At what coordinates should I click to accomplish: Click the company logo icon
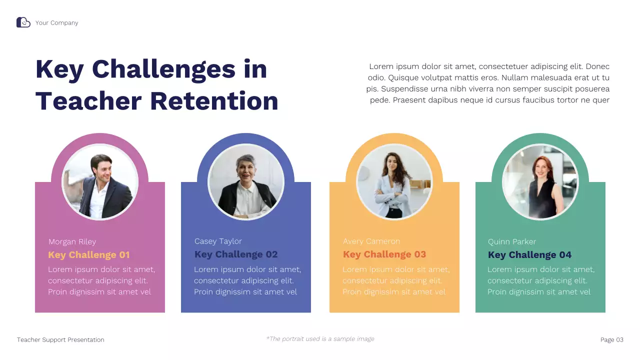(23, 22)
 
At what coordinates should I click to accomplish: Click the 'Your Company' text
(56, 23)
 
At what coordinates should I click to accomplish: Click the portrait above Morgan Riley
(100, 182)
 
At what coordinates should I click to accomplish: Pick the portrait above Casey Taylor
(245, 182)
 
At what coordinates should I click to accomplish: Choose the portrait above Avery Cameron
(394, 182)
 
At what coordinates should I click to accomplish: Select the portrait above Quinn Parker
(540, 182)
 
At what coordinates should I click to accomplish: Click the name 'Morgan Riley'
(72, 242)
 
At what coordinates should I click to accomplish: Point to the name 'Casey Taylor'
(218, 241)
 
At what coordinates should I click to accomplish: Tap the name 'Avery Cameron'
(371, 241)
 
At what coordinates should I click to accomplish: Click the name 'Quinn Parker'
(512, 242)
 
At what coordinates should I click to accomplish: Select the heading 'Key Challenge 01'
(89, 255)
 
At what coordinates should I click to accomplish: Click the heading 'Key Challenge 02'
(236, 254)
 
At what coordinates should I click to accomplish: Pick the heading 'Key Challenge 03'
(384, 254)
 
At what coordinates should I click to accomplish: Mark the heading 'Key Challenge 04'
(529, 255)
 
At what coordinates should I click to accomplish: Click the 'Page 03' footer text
(611, 340)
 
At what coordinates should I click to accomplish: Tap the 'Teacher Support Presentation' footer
(60, 340)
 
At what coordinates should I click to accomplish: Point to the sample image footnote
(320, 339)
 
